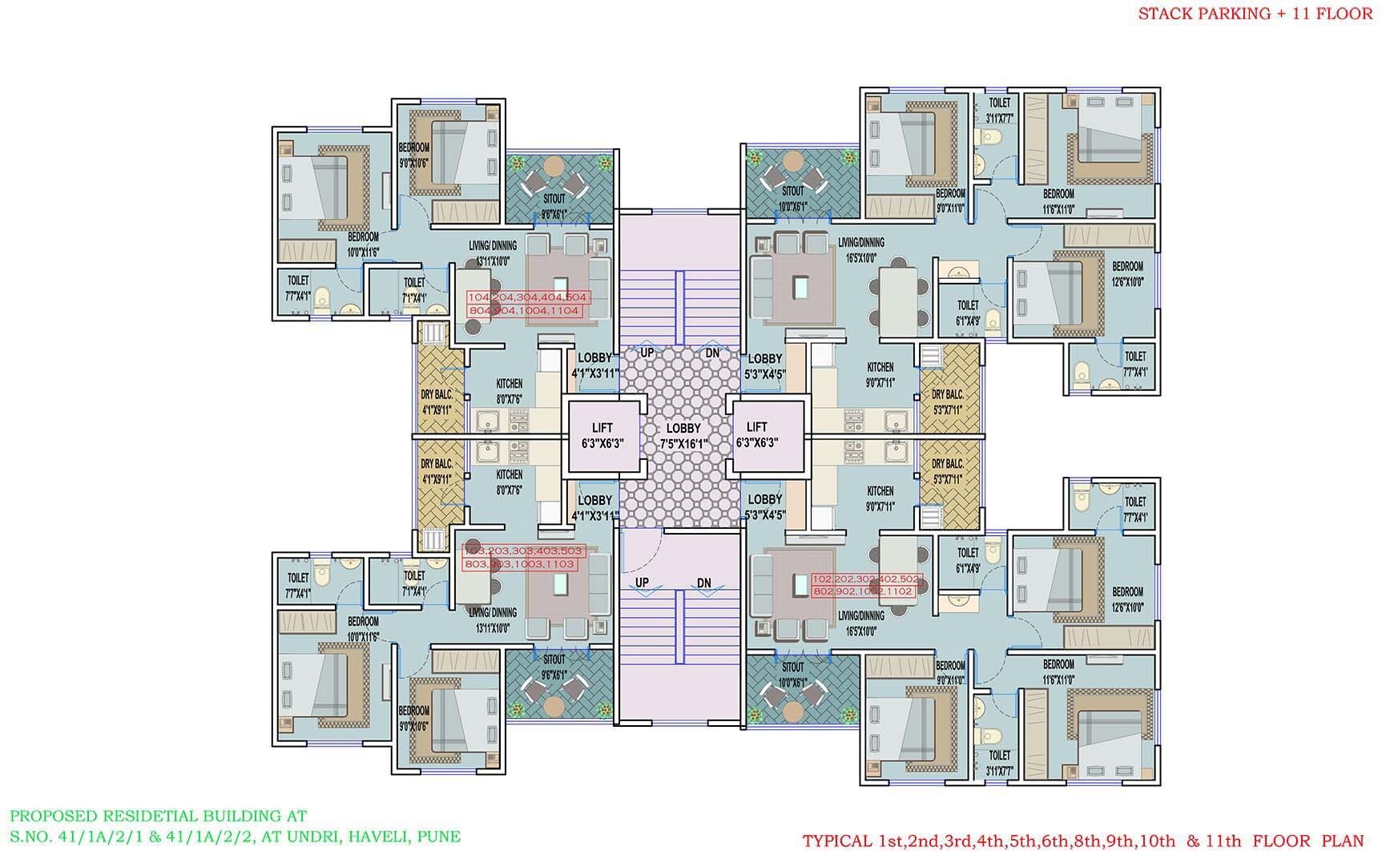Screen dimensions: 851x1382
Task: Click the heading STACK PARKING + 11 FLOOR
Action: point(1255,14)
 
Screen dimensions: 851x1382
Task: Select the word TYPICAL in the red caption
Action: point(837,841)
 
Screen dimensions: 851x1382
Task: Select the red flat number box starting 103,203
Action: point(523,558)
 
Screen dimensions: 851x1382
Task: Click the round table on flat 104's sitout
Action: point(554,166)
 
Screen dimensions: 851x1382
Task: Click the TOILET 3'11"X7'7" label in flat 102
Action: point(1000,762)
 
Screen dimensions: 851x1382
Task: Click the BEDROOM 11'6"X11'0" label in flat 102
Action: point(1058,672)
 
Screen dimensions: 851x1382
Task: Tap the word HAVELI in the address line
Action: point(371,837)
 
